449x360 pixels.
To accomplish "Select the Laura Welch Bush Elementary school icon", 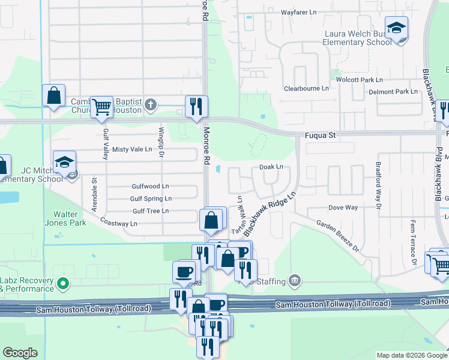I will [396, 29].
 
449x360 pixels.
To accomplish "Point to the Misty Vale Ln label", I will [132, 149].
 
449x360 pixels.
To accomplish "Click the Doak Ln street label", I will [271, 167].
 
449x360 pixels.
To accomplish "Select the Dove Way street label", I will [343, 208].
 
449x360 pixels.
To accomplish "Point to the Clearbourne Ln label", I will [307, 88].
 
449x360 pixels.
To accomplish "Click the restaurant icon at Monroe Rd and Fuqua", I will [196, 107].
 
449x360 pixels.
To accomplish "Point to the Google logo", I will [20, 353].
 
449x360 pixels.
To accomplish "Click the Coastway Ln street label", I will [119, 223].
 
